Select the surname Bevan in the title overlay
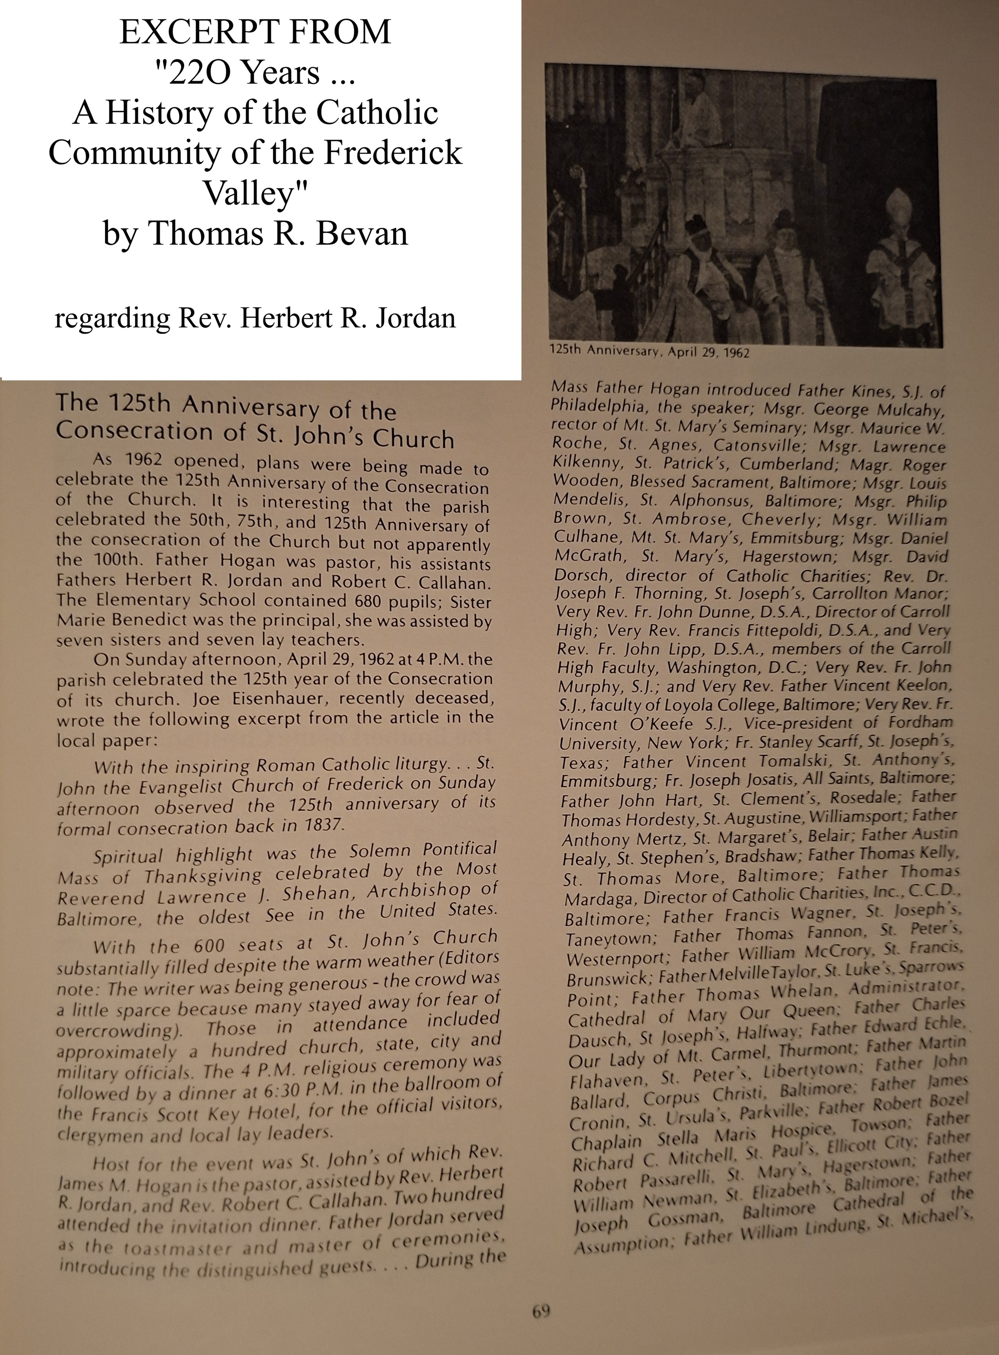pyautogui.click(x=364, y=234)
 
